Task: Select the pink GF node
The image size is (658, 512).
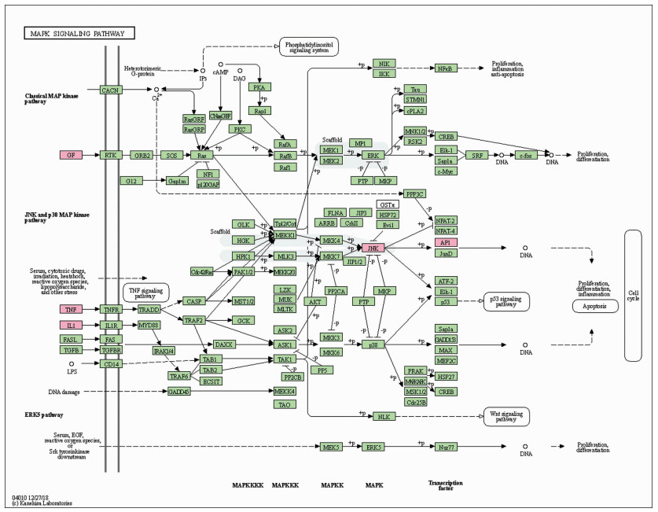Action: [71, 156]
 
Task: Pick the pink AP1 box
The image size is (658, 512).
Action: [445, 242]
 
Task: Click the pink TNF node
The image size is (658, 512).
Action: [71, 309]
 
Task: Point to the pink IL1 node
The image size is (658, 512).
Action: [71, 325]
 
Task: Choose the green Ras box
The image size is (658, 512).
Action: [203, 156]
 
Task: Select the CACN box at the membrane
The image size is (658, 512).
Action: [110, 91]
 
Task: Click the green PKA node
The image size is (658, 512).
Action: [260, 87]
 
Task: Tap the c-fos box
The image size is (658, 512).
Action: [527, 156]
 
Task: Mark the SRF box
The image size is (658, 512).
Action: [476, 156]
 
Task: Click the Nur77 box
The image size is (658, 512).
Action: [445, 447]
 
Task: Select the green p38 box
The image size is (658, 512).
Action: [369, 345]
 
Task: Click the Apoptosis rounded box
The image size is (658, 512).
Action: [595, 305]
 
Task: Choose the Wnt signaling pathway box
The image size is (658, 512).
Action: [505, 416]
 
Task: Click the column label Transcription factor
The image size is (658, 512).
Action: [445, 486]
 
